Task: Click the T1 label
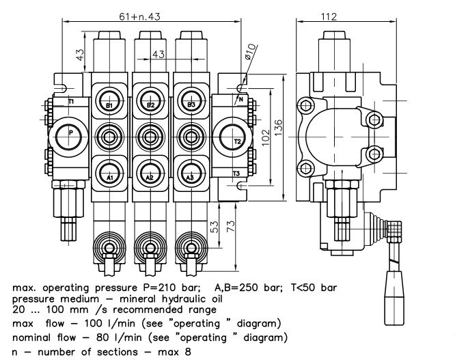click(71, 102)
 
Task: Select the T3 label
click(236, 174)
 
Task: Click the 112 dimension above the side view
click(348, 16)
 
